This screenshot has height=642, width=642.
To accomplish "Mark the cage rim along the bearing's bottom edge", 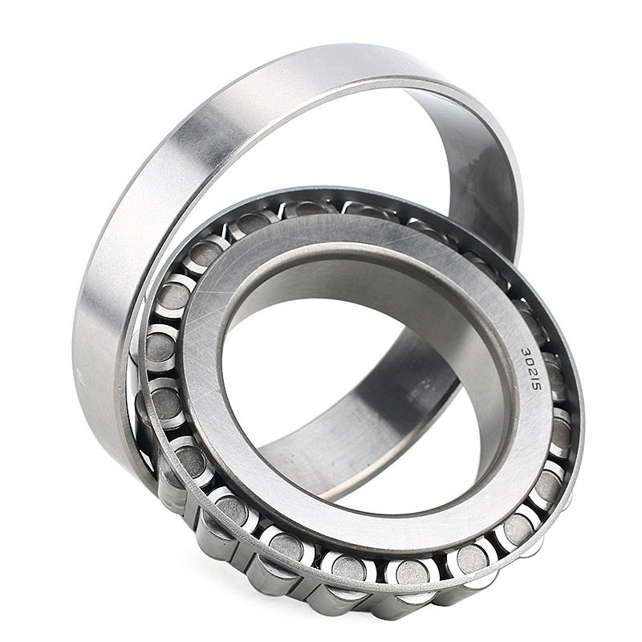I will [x=361, y=595].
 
